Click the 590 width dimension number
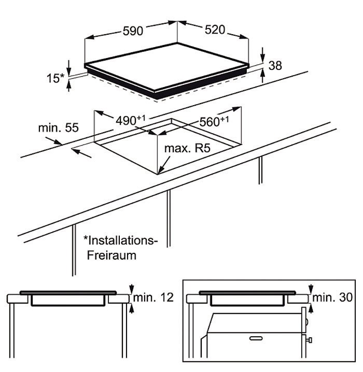click(133, 31)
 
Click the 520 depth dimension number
click(215, 30)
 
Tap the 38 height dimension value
click(275, 65)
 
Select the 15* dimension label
click(55, 78)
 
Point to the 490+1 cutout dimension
click(130, 120)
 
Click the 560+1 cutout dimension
click(214, 121)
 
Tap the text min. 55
click(59, 127)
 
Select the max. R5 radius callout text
click(187, 148)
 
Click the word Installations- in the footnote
click(121, 240)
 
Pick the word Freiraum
click(111, 255)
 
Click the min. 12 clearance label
click(153, 297)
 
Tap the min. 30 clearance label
click(332, 297)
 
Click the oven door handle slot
click(256, 338)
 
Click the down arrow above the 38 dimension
click(262, 55)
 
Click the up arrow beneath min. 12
click(132, 308)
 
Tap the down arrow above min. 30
click(311, 289)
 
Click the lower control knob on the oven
click(310, 340)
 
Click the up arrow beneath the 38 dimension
click(262, 76)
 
